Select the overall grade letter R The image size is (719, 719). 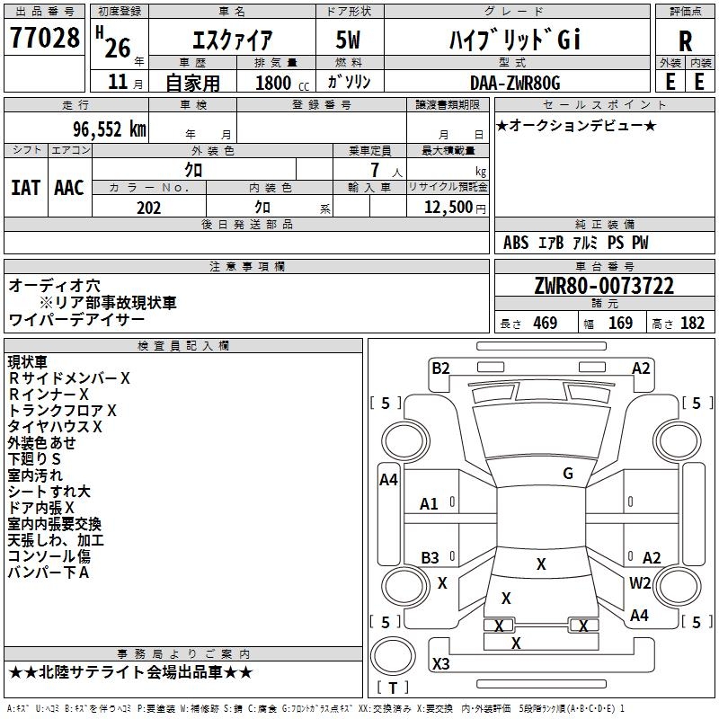(x=685, y=41)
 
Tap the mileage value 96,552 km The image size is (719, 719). (x=111, y=129)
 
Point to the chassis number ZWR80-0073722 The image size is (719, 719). (x=603, y=287)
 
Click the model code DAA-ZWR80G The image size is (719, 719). (x=515, y=83)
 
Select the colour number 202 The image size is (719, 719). (x=148, y=208)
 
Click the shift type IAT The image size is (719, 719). (x=25, y=187)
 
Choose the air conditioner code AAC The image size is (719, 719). (x=68, y=187)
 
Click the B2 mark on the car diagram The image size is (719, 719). (x=440, y=368)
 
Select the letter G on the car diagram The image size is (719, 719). (x=568, y=474)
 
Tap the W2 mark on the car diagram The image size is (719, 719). (x=640, y=583)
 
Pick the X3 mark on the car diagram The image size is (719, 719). (x=441, y=663)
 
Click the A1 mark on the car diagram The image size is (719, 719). (x=430, y=504)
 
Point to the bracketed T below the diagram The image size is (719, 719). (x=393, y=688)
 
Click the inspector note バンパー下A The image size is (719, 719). (x=49, y=573)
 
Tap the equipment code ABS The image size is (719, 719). (x=516, y=243)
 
